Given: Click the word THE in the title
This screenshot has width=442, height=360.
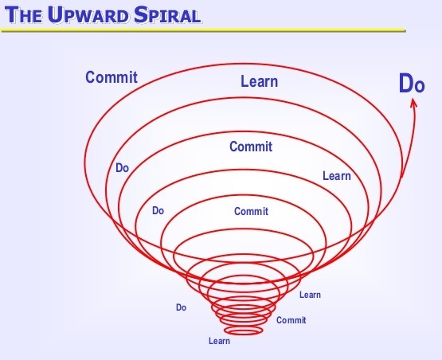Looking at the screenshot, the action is [x=23, y=15].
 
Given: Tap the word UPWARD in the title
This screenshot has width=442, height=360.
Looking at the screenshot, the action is [x=88, y=14].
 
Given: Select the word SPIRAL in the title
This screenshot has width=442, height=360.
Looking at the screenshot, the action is [x=167, y=14].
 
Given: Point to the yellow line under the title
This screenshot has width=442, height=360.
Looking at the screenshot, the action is [x=203, y=30].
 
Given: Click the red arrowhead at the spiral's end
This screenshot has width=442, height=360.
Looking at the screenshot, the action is [x=413, y=103].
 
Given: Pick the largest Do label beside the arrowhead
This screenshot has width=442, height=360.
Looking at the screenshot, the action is [x=412, y=84].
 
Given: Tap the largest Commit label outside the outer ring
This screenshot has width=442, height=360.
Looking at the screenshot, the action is [x=111, y=77].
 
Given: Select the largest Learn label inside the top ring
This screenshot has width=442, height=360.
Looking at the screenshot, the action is [x=260, y=81].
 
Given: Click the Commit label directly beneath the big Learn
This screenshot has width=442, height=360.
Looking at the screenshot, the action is [x=251, y=147].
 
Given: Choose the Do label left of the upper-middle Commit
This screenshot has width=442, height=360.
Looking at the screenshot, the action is [x=122, y=168].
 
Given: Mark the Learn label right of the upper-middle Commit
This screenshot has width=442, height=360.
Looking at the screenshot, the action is [x=337, y=176].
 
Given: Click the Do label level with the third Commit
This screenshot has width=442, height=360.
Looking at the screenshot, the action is [x=158, y=210].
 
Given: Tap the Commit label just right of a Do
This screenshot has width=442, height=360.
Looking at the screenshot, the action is [x=251, y=211].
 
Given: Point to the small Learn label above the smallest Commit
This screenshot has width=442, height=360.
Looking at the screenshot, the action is [x=310, y=295].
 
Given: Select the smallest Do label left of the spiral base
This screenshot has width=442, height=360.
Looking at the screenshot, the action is [x=181, y=307].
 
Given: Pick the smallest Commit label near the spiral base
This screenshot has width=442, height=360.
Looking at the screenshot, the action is [x=291, y=320].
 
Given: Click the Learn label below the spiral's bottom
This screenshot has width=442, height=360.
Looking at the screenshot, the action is [x=219, y=341].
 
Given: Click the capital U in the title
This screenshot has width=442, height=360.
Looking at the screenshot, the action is [x=54, y=14].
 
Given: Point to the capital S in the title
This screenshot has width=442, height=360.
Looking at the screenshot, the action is [x=140, y=14].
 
